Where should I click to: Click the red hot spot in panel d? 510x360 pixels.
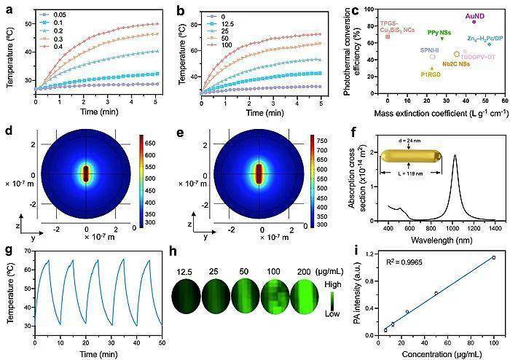coord(87,175)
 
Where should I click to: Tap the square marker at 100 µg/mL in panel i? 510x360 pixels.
coord(493,257)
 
